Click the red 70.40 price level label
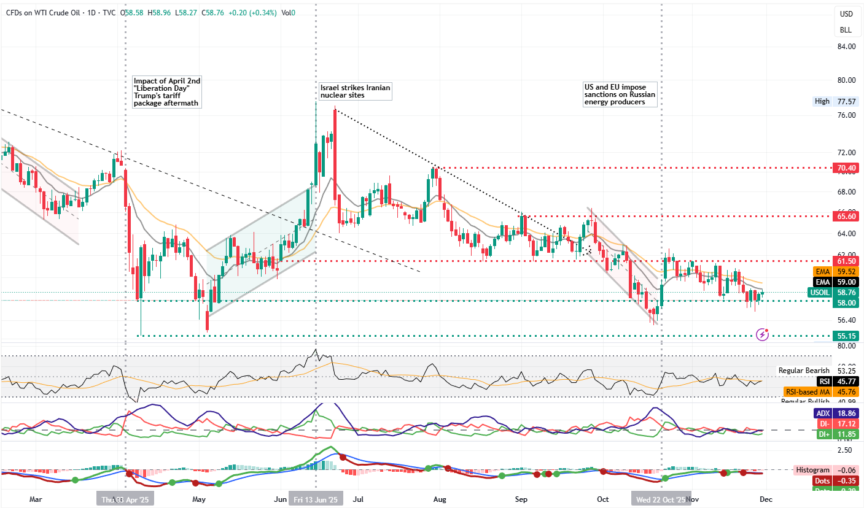point(846,167)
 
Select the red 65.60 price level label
point(846,216)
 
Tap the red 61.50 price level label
point(846,261)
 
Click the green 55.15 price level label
point(846,336)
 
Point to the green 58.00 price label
point(846,302)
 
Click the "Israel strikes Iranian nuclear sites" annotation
point(355,91)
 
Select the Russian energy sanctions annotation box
point(620,95)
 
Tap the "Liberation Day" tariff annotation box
point(167,92)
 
